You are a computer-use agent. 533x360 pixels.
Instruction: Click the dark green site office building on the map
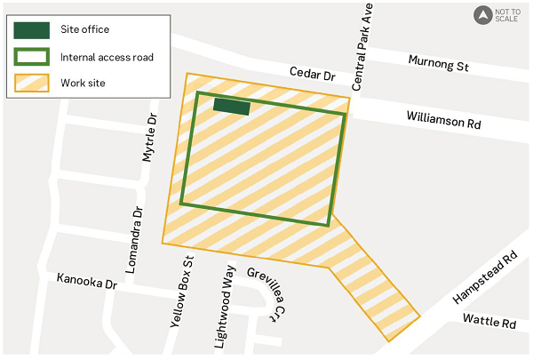tap(232, 107)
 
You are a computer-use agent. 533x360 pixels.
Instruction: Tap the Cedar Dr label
tap(312, 75)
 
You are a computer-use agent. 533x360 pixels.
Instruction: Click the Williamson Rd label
tap(443, 120)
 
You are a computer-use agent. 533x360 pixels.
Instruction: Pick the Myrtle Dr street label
tap(149, 138)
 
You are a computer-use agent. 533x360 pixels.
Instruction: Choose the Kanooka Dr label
tap(87, 281)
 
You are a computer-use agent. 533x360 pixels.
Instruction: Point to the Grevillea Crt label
tap(268, 293)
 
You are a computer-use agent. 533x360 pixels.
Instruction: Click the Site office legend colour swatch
tap(32, 29)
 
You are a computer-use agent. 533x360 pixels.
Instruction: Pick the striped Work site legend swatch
tap(32, 84)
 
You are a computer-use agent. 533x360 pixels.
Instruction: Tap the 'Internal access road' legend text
tap(107, 58)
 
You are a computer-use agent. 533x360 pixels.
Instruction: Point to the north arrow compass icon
tap(482, 14)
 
